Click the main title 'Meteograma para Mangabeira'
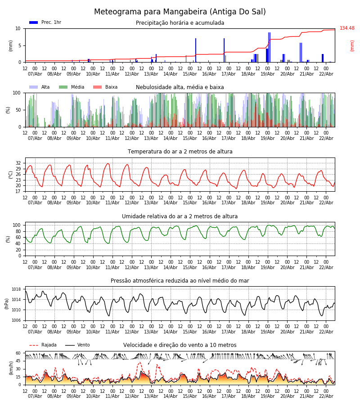click(x=180, y=12)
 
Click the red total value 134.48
click(x=347, y=28)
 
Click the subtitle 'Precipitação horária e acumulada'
click(x=180, y=23)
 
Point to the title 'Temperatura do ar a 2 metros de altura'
click(x=180, y=152)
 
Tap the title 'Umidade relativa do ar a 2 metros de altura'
click(x=180, y=216)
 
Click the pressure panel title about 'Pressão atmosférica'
click(x=180, y=281)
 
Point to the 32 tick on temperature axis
click(x=18, y=163)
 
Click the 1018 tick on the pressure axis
click(x=16, y=289)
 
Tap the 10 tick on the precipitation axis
click(x=18, y=28)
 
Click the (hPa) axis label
click(x=7, y=303)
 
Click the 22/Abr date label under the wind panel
click(x=326, y=396)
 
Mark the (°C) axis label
click(x=11, y=174)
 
